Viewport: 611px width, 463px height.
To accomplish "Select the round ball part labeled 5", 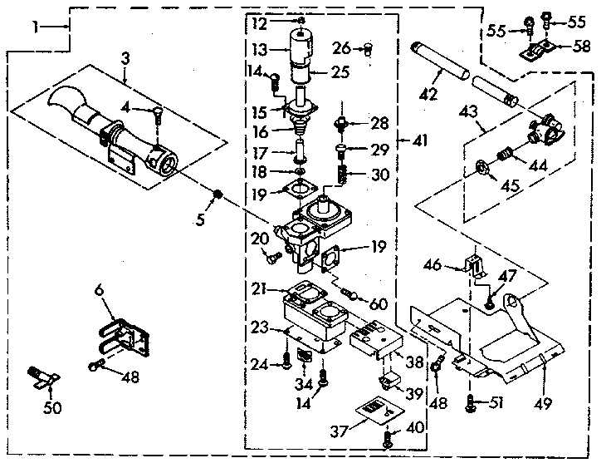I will pyautogui.click(x=218, y=195).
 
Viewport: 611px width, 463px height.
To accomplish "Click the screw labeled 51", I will pyautogui.click(x=471, y=403).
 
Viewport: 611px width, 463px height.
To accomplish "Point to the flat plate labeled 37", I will pyautogui.click(x=374, y=410).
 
